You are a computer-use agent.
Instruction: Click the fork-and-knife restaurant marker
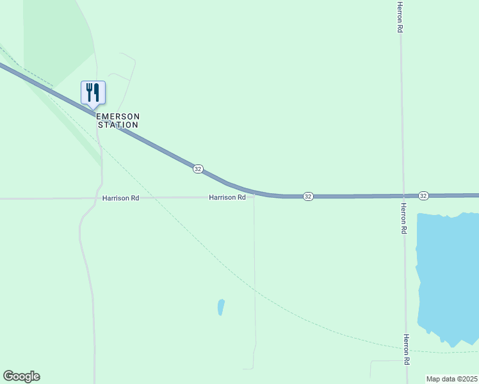tap(93, 93)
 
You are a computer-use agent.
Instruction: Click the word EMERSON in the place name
tap(118, 116)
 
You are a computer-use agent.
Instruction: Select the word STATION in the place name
tap(118, 125)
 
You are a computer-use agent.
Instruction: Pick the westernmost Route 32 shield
tap(198, 169)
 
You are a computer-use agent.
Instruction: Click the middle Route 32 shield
tap(308, 196)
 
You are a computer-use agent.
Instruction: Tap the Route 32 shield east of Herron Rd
tap(423, 195)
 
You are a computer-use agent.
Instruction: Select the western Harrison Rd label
tap(120, 198)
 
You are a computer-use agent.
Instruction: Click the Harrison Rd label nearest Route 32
tap(227, 198)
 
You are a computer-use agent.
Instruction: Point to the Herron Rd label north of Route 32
tap(400, 17)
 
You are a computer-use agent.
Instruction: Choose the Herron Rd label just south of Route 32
tap(403, 218)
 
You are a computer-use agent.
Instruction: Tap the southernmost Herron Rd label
tap(407, 349)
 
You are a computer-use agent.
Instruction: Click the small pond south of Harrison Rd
tap(221, 307)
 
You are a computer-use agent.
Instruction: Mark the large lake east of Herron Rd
tap(448, 275)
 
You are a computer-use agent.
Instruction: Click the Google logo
tap(21, 376)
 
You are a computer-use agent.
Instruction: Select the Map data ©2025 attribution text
tap(451, 379)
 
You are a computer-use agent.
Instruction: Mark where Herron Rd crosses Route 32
tap(403, 196)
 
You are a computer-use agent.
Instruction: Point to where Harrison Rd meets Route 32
tap(254, 193)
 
